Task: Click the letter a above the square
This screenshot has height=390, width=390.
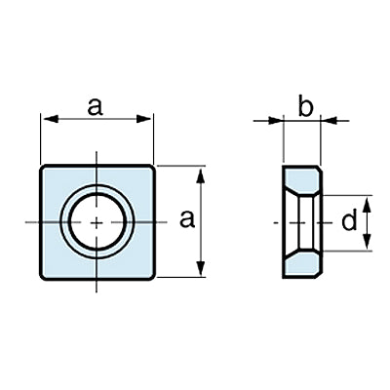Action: coord(96,107)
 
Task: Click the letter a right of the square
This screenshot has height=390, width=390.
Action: coord(187,219)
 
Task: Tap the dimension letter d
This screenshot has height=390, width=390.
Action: coord(349,220)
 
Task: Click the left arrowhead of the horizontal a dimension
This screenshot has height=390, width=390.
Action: coord(51,119)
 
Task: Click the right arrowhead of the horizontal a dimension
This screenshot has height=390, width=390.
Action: coord(143,119)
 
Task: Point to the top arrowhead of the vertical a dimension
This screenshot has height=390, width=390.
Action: coord(201,175)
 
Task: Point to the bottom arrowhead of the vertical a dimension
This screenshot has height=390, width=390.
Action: coord(201,267)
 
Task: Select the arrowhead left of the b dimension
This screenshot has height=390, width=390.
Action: coord(275,121)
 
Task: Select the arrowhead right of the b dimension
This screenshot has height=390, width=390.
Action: coord(329,121)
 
